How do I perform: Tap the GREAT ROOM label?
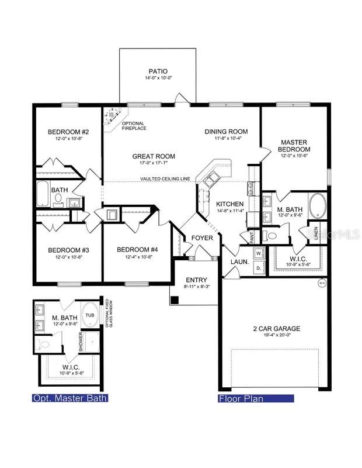(154, 156)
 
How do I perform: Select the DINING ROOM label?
(226, 132)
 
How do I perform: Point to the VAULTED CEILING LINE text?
(166, 179)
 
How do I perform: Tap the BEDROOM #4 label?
(137, 250)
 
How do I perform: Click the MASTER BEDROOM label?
(294, 146)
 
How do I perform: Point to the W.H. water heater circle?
(321, 284)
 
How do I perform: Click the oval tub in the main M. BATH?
(318, 206)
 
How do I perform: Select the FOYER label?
(202, 238)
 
